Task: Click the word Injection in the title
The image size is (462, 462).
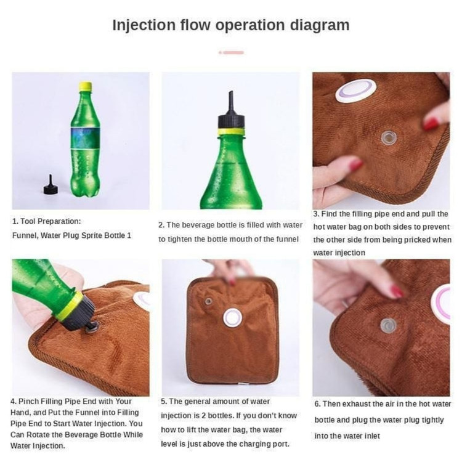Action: [144, 25]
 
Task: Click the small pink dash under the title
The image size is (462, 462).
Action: [231, 53]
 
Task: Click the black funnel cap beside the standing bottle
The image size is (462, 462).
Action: [51, 185]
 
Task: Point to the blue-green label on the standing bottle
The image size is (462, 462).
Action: [85, 138]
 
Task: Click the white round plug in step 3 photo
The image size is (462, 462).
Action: [356, 91]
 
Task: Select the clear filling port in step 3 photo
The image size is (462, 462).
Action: [389, 137]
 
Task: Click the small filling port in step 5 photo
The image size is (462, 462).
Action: [208, 301]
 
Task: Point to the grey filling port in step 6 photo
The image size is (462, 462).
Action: [388, 326]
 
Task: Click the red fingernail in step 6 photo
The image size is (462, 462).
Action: [397, 291]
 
